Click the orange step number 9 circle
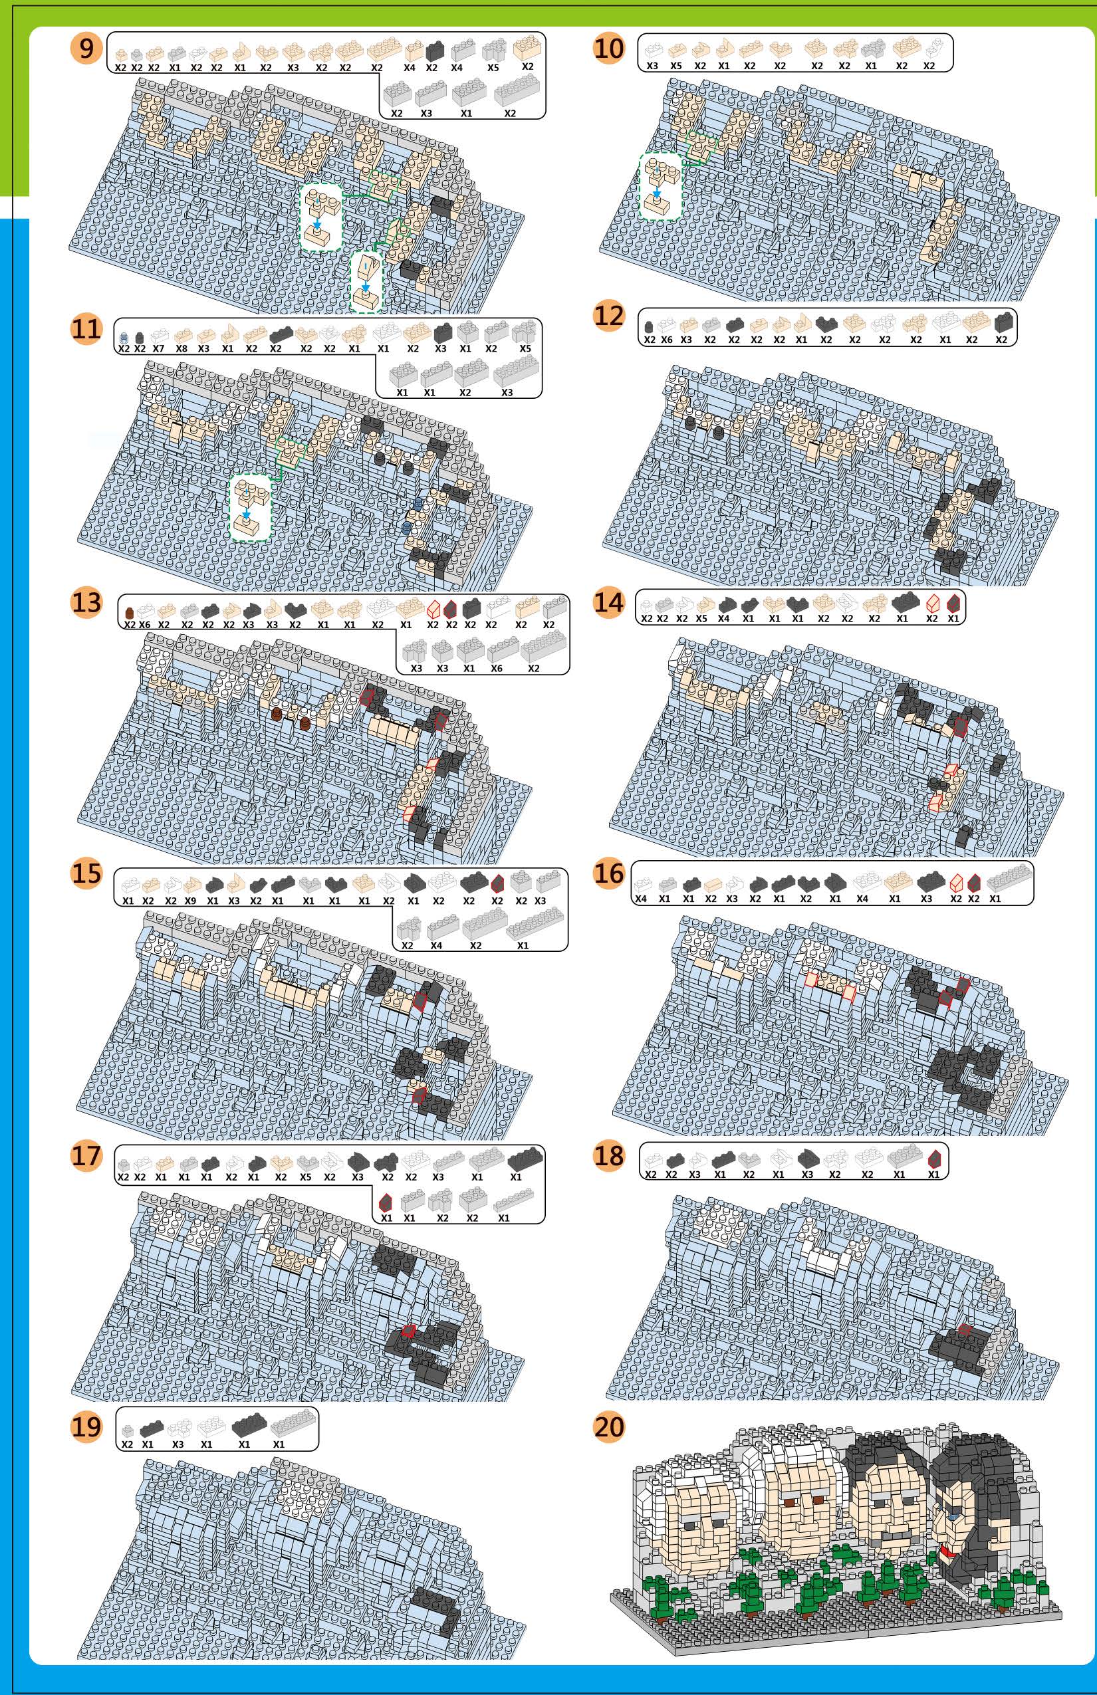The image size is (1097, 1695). [x=86, y=49]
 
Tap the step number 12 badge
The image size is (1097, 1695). [x=608, y=316]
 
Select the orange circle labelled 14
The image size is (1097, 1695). [x=608, y=604]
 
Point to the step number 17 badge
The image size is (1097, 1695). [x=86, y=1156]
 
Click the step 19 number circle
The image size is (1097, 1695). [x=86, y=1427]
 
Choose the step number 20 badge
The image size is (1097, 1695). [x=608, y=1427]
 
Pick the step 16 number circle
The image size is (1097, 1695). [x=608, y=873]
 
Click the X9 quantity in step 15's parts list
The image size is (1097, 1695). [x=190, y=901]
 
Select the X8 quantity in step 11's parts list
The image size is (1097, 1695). [x=182, y=349]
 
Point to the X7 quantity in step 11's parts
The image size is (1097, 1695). [x=159, y=349]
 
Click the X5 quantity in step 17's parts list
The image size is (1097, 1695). [x=306, y=1177]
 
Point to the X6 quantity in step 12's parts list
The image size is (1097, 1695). [x=667, y=340]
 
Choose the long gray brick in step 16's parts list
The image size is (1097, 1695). [x=1009, y=877]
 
